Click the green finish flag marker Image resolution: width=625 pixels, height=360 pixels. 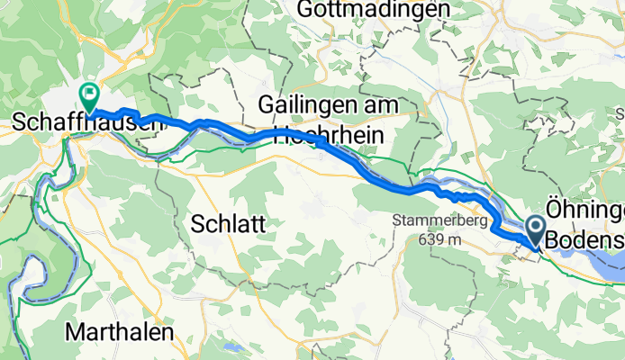90,93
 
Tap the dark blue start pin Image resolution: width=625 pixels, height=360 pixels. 535,229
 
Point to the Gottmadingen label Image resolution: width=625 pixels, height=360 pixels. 382,10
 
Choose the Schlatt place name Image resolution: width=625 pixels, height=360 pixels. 228,225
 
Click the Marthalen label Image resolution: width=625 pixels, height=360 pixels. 120,332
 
